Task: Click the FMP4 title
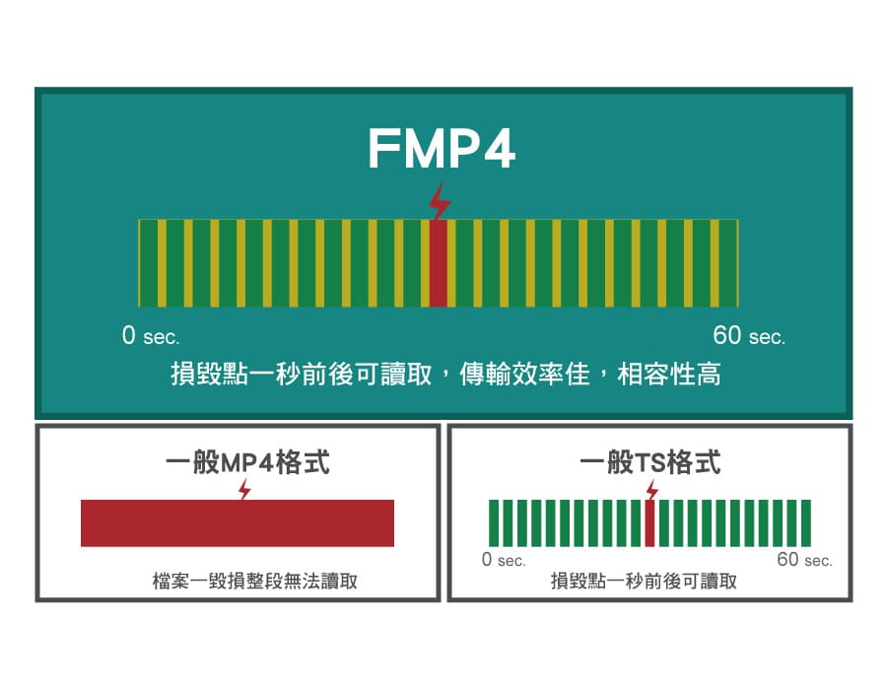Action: pyautogui.click(x=441, y=149)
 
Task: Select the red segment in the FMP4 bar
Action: pyautogui.click(x=440, y=262)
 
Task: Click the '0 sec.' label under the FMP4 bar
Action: pyautogui.click(x=151, y=336)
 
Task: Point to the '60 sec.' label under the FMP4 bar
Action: pyautogui.click(x=749, y=336)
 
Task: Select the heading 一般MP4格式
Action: pyautogui.click(x=245, y=462)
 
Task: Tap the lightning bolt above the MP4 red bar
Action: pyautogui.click(x=244, y=488)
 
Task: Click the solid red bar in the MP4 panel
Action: pyautogui.click(x=238, y=522)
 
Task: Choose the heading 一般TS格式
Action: pyautogui.click(x=650, y=462)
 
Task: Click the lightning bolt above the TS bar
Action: pyautogui.click(x=650, y=488)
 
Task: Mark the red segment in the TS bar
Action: pyautogui.click(x=649, y=522)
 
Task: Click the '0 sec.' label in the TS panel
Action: pyautogui.click(x=504, y=560)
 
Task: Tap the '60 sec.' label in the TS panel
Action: pyautogui.click(x=804, y=560)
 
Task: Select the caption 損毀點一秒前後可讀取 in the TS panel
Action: pyautogui.click(x=644, y=582)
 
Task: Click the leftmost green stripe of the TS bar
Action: pyautogui.click(x=495, y=522)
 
